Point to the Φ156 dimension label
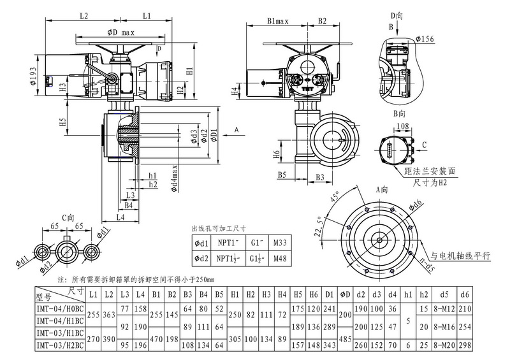(425, 39)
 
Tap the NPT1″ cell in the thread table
(228, 243)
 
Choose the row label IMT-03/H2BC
(59, 345)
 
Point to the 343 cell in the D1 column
(330, 345)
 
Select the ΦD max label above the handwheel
(120, 32)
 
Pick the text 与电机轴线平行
(460, 255)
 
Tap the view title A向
(381, 189)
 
